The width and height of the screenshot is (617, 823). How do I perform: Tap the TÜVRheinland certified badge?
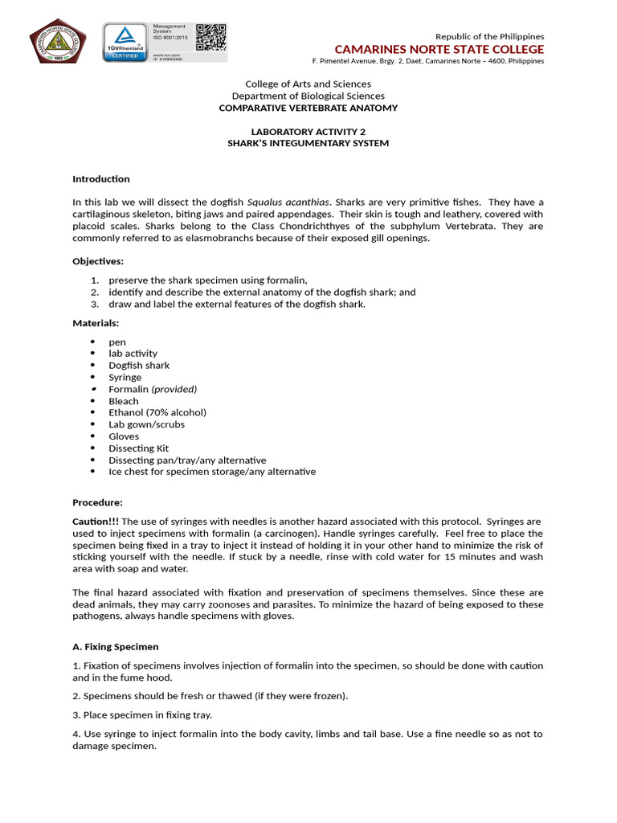click(124, 43)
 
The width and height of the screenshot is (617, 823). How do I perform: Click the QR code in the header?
click(210, 37)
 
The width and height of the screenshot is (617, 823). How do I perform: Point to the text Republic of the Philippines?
click(489, 36)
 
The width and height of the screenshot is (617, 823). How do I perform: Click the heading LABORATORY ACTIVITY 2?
click(308, 132)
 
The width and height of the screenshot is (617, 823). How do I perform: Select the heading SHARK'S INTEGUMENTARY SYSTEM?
click(308, 143)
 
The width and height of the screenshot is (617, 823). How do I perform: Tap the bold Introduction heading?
click(101, 178)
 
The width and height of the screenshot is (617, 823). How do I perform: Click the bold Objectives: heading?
click(98, 261)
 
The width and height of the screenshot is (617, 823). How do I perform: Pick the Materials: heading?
click(96, 322)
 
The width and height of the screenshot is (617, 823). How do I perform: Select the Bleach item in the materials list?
click(124, 401)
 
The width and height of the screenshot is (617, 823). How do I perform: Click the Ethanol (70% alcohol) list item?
click(157, 412)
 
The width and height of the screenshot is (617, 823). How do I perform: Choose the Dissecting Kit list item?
click(139, 448)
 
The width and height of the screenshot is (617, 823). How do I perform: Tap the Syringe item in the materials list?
click(125, 377)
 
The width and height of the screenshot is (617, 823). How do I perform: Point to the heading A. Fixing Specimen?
click(116, 646)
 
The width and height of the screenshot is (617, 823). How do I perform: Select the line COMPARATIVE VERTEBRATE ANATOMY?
click(308, 108)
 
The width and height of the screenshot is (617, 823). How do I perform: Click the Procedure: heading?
click(97, 502)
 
